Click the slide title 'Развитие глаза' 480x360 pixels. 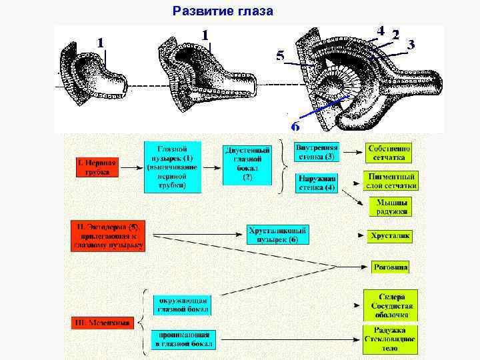(x=223, y=11)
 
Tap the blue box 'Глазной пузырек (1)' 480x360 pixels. (x=171, y=167)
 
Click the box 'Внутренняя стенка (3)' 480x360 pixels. (x=317, y=152)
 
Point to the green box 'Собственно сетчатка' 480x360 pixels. (x=389, y=153)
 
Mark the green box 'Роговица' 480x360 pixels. (x=391, y=267)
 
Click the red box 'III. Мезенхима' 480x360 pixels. (x=101, y=323)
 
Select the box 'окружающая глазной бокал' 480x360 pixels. (x=183, y=304)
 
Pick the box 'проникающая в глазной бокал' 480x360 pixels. (x=183, y=339)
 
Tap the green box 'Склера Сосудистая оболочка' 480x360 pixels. (x=390, y=305)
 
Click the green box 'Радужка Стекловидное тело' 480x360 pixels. (x=390, y=339)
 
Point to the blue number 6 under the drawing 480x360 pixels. (x=295, y=126)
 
